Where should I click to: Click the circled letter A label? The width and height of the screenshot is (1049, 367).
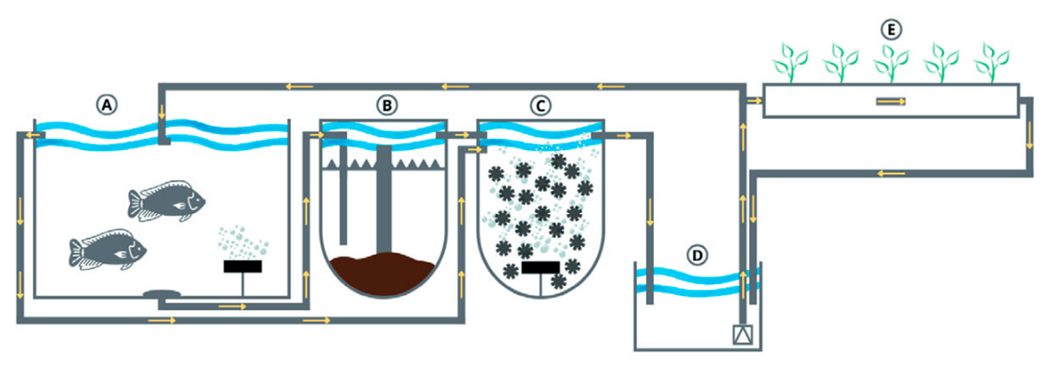[x=107, y=104]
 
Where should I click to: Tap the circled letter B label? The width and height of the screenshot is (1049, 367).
[x=386, y=104]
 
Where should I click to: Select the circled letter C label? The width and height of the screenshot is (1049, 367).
[x=539, y=104]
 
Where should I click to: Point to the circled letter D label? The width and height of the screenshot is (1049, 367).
[x=697, y=255]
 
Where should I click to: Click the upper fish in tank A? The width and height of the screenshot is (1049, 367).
[x=166, y=200]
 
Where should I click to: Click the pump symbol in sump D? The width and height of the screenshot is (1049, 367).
[x=741, y=334]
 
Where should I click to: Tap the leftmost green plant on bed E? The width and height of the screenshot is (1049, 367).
[x=790, y=63]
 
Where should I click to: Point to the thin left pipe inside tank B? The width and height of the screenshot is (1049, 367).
[x=343, y=197]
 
